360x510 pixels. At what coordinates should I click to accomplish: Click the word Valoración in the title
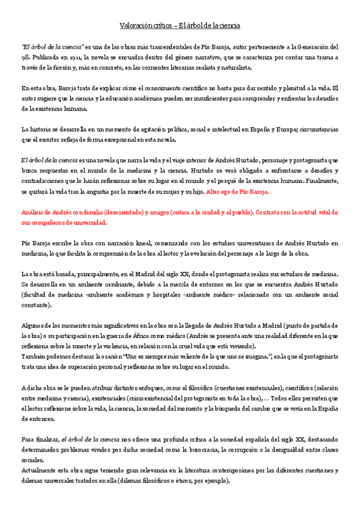pos(132,25)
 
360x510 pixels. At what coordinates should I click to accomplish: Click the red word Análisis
pos(33,212)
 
